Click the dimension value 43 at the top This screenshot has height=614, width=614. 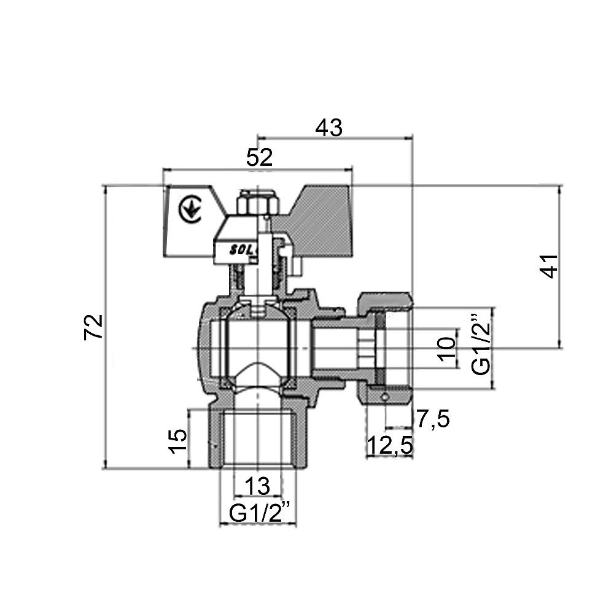point(329,128)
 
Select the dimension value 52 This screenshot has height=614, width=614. point(259,158)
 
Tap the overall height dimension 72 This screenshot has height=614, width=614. point(93,327)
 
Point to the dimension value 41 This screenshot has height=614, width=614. point(551,265)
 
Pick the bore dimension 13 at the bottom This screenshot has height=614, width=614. point(257,486)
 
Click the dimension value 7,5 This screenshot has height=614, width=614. point(433,419)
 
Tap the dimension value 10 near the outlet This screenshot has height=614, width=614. point(448,348)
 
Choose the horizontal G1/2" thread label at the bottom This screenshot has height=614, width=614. point(258,513)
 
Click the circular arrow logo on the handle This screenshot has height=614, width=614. point(188,209)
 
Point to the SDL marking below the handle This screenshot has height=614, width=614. point(237,251)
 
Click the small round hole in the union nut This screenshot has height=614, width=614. point(384,398)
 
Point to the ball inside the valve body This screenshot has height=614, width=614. point(257,347)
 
